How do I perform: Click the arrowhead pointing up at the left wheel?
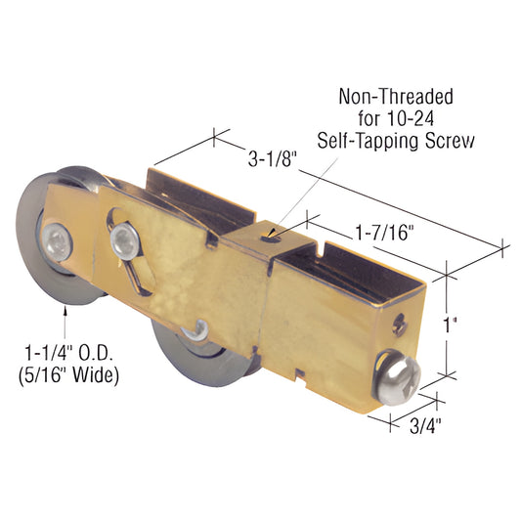pyautogui.click(x=65, y=312)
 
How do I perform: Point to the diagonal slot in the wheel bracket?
pyautogui.click(x=138, y=274)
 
